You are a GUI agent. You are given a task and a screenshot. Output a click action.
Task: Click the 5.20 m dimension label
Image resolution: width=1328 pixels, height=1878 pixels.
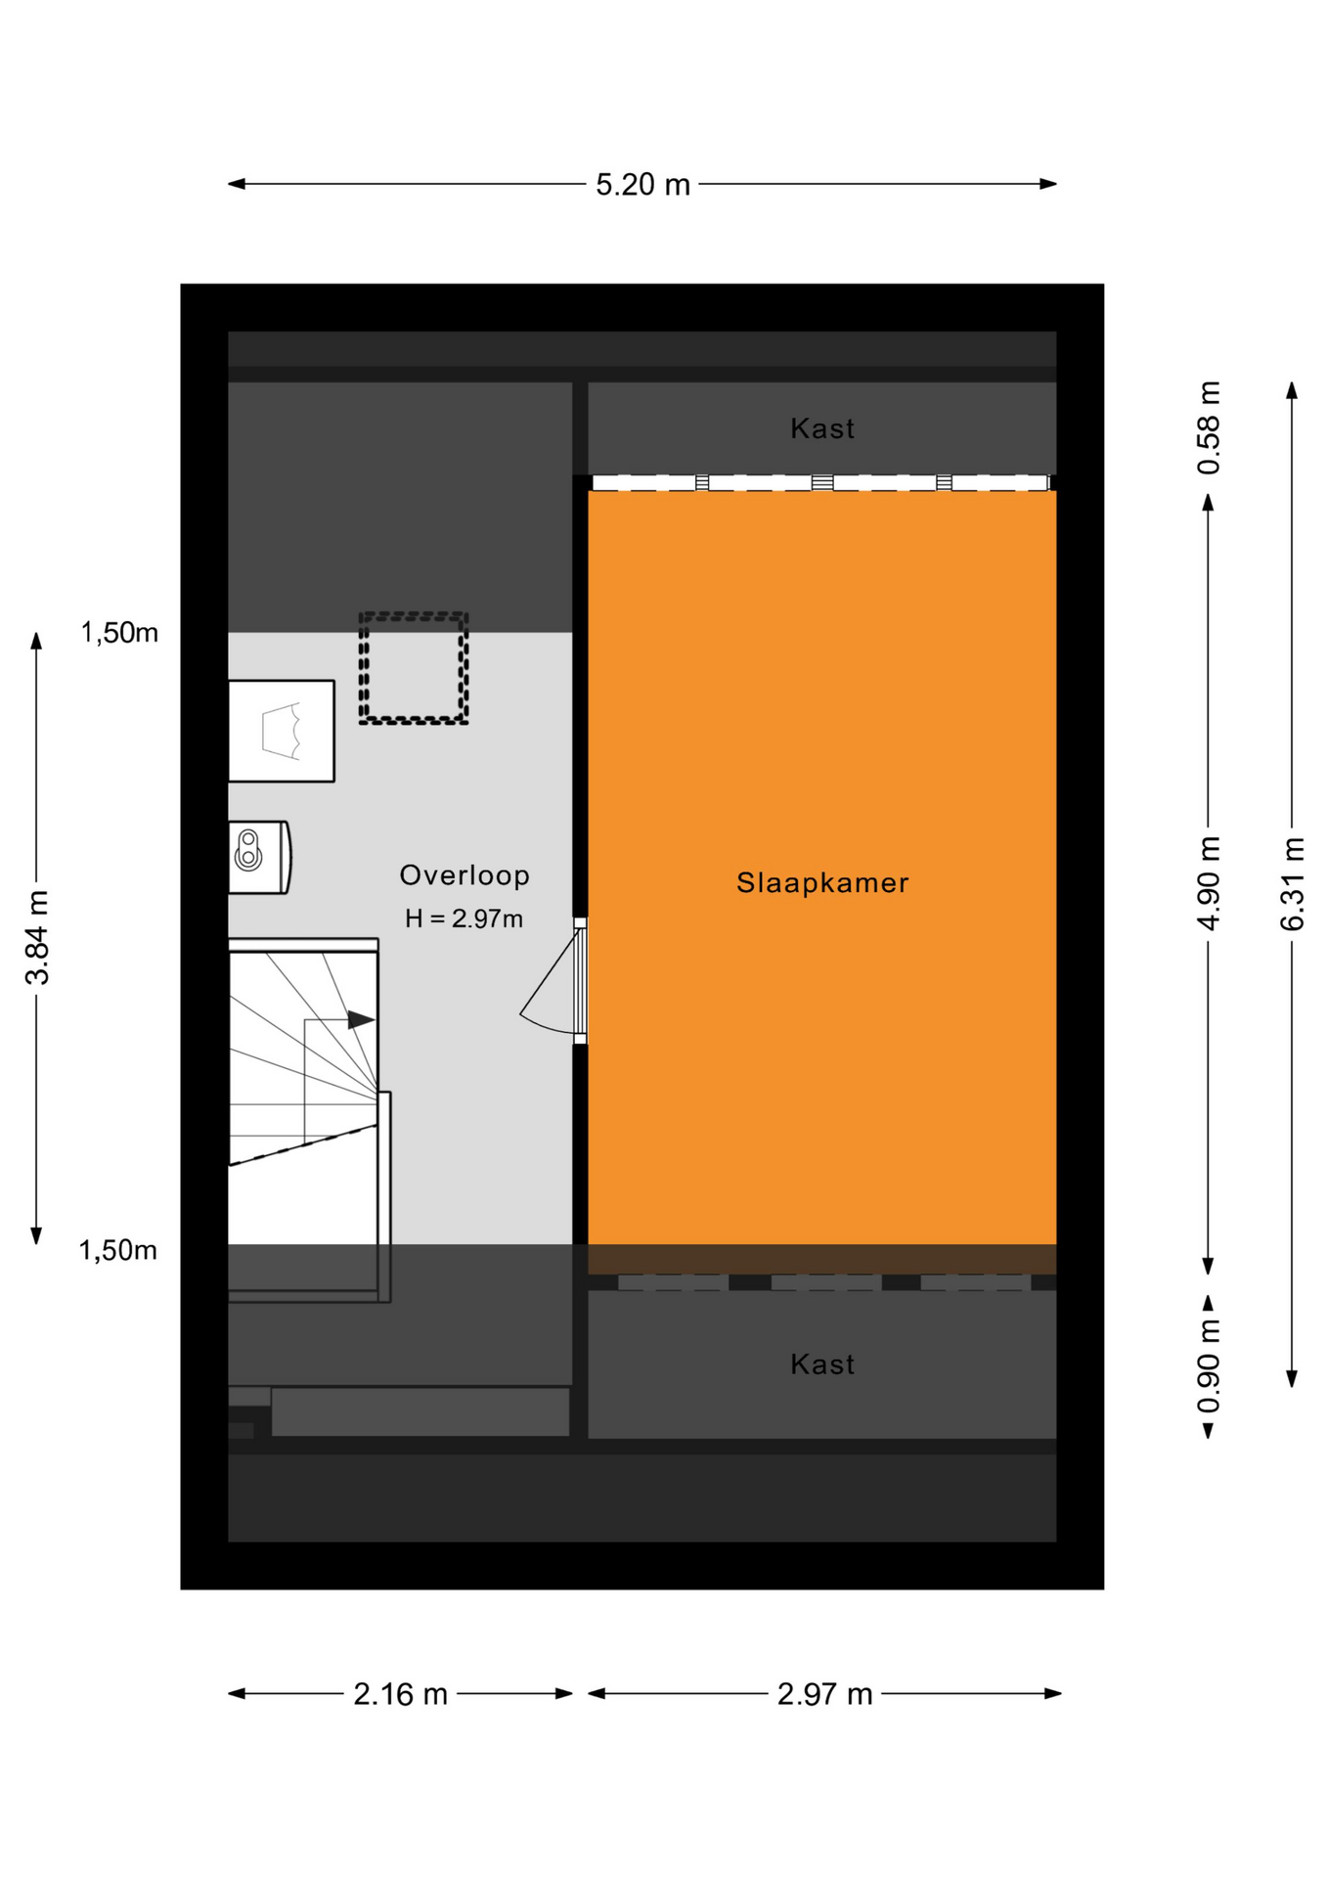[x=642, y=184]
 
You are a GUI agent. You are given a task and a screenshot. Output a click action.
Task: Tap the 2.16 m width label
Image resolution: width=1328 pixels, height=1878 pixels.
[x=400, y=1693]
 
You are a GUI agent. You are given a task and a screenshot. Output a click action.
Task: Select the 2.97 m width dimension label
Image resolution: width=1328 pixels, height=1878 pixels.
[x=824, y=1693]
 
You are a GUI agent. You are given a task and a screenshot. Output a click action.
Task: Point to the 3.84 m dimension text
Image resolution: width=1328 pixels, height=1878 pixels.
[x=37, y=936]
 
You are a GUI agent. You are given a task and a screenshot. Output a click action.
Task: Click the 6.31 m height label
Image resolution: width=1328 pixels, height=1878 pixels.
[x=1292, y=883]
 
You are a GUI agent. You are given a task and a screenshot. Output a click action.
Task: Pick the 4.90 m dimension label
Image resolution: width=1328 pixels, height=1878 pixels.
[x=1209, y=883]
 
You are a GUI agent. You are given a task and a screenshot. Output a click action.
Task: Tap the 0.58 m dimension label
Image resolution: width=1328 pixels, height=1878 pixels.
[x=1209, y=427]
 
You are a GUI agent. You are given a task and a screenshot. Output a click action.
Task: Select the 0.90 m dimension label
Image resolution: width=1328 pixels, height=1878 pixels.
[x=1209, y=1365]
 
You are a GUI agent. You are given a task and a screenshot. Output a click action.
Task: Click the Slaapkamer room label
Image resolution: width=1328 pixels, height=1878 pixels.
[x=822, y=882]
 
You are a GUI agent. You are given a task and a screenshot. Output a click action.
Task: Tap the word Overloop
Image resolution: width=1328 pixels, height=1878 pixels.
[x=465, y=874]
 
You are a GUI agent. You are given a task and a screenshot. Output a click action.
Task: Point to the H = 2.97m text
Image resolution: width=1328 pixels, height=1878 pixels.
[x=464, y=918]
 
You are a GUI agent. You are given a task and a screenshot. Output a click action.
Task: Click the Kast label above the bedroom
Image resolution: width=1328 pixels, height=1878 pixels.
[x=822, y=428]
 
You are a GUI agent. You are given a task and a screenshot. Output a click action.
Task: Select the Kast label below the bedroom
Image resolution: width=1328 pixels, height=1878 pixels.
[x=822, y=1364]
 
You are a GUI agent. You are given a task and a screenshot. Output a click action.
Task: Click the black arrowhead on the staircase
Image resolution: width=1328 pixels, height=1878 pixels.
[x=361, y=1019]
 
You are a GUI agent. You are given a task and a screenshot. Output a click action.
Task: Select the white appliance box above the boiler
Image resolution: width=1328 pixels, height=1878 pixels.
[x=282, y=731]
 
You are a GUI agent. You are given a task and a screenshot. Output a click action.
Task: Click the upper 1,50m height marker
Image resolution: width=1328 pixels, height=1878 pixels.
[x=119, y=633]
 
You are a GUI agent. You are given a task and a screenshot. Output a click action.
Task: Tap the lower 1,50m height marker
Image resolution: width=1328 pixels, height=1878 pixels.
[x=118, y=1250]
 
